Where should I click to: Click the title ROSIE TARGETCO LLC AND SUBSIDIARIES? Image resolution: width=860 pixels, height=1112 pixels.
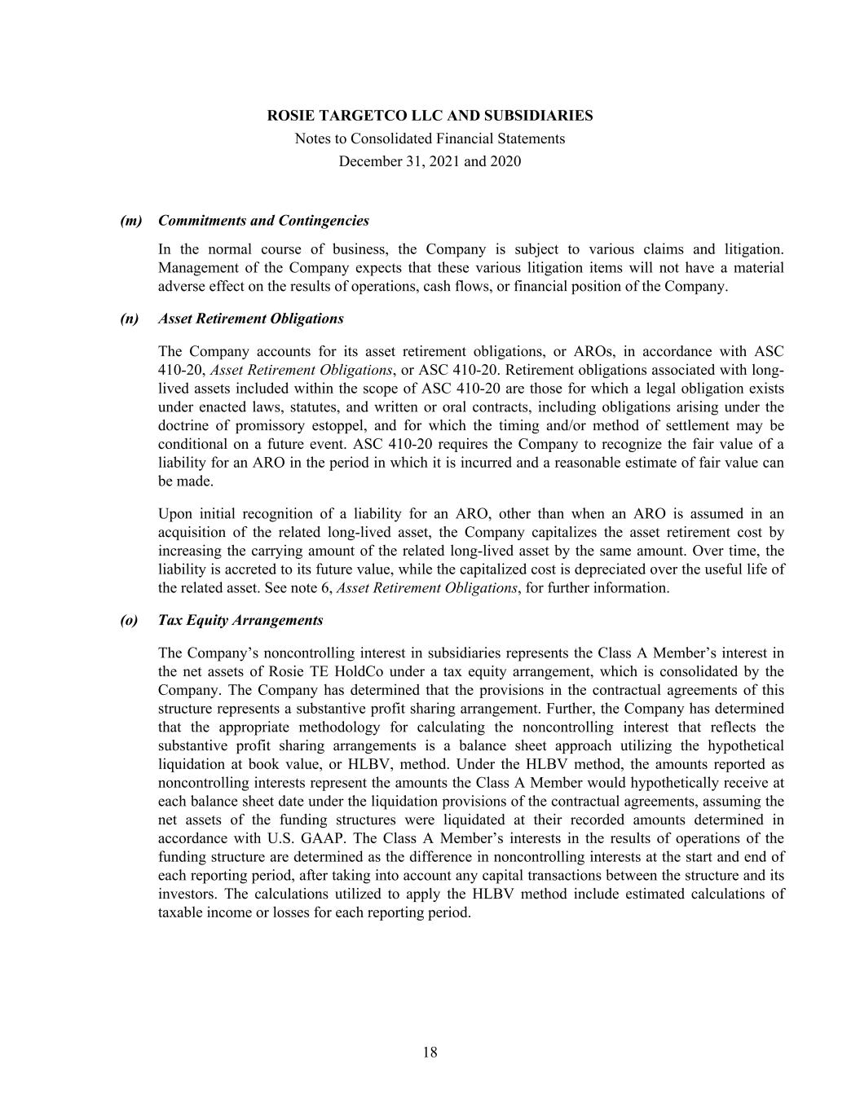430,116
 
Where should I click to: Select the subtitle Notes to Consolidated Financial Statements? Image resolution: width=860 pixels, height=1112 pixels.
430,138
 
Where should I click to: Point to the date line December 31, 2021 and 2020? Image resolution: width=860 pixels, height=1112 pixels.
430,161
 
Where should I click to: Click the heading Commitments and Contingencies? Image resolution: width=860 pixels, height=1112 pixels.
263,221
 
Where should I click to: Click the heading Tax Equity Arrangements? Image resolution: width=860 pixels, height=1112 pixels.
240,620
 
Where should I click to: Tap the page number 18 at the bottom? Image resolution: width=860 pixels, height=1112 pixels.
430,1052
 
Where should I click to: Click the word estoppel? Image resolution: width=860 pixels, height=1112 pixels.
337,426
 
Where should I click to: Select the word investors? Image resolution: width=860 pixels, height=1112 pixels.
187,894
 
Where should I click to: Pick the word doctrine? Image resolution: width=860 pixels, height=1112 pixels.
184,426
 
